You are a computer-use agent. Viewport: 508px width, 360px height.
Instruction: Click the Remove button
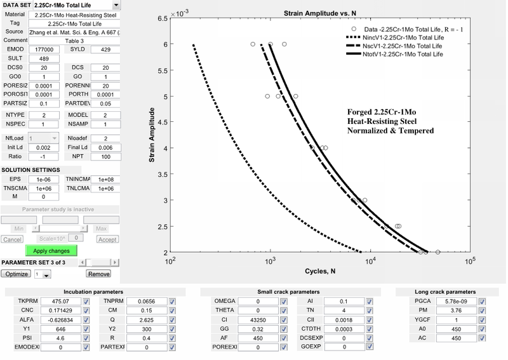[98, 274]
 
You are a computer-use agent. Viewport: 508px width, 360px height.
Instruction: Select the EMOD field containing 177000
[42, 49]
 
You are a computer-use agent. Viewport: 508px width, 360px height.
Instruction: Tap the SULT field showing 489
[42, 58]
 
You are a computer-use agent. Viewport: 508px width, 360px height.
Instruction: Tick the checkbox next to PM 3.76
[482, 311]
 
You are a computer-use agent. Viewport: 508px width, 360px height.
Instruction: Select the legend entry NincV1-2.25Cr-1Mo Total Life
[399, 37]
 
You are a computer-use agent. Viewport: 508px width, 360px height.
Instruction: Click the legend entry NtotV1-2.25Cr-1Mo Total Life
[399, 55]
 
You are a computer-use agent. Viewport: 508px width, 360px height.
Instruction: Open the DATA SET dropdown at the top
[77, 6]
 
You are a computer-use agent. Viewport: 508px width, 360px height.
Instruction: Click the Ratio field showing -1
[42, 156]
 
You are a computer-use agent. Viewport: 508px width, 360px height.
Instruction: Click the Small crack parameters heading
[283, 292]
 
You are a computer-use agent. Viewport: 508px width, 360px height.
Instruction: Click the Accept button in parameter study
[107, 239]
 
